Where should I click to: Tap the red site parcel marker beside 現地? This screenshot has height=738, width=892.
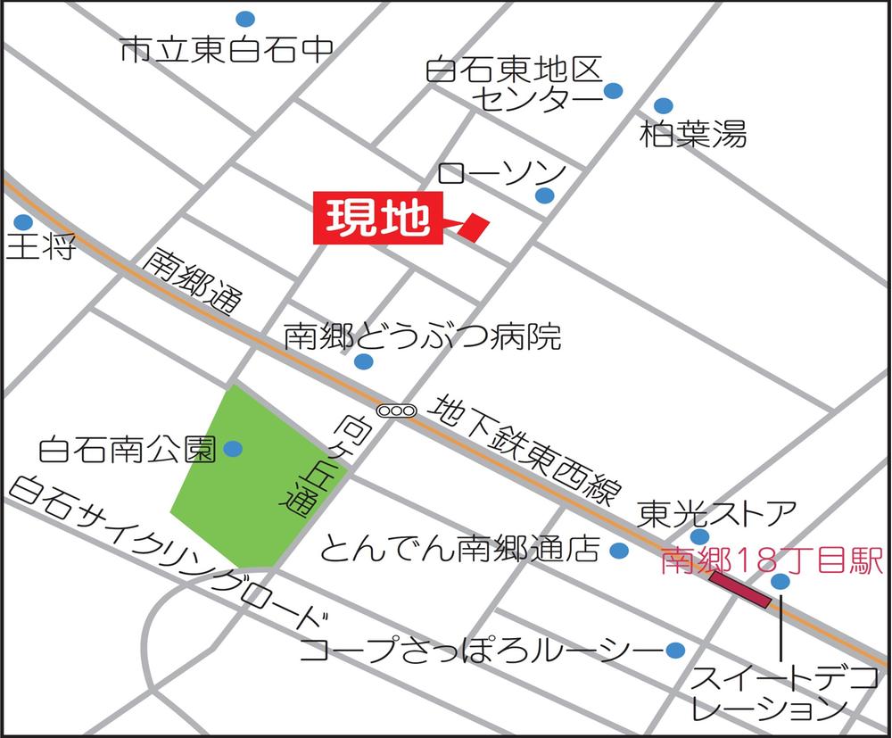(x=475, y=227)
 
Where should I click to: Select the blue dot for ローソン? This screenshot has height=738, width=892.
(x=544, y=195)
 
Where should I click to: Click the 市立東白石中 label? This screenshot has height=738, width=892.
(x=225, y=51)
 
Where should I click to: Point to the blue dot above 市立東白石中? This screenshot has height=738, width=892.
(x=245, y=18)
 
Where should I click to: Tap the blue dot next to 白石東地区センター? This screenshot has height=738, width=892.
(x=613, y=90)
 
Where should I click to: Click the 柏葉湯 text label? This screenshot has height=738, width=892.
(x=693, y=136)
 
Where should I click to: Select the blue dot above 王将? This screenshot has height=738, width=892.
(x=23, y=221)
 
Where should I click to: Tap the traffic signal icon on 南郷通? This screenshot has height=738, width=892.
(x=397, y=411)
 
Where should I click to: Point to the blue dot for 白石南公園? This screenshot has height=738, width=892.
(x=233, y=449)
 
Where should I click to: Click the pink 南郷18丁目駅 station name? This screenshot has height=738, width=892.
(x=772, y=561)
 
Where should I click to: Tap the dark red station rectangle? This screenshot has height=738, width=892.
(x=739, y=591)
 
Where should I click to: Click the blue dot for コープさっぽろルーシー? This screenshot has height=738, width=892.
(x=675, y=650)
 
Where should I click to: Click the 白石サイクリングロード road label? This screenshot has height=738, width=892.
(x=169, y=553)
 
